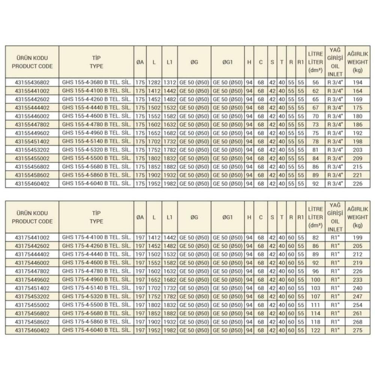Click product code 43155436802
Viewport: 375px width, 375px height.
32,82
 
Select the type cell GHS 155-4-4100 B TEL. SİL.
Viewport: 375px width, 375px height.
96,90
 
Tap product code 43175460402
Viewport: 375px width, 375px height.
32,330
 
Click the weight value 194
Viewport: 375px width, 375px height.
358,82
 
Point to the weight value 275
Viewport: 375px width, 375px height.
358,330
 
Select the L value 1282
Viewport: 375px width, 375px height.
154,82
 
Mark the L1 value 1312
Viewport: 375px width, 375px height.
169,82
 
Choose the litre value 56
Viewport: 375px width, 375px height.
315,82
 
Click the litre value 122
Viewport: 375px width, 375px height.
315,330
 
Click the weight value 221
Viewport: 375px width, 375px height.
358,175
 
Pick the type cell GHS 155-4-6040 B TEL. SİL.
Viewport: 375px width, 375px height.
96,184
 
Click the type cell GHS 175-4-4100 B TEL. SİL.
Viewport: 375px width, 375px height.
96,237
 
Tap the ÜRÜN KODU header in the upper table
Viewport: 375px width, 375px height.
32,62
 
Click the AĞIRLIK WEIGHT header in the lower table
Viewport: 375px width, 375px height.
358,217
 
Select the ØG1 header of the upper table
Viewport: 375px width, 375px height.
228,62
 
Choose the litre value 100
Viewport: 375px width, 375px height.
315,279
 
